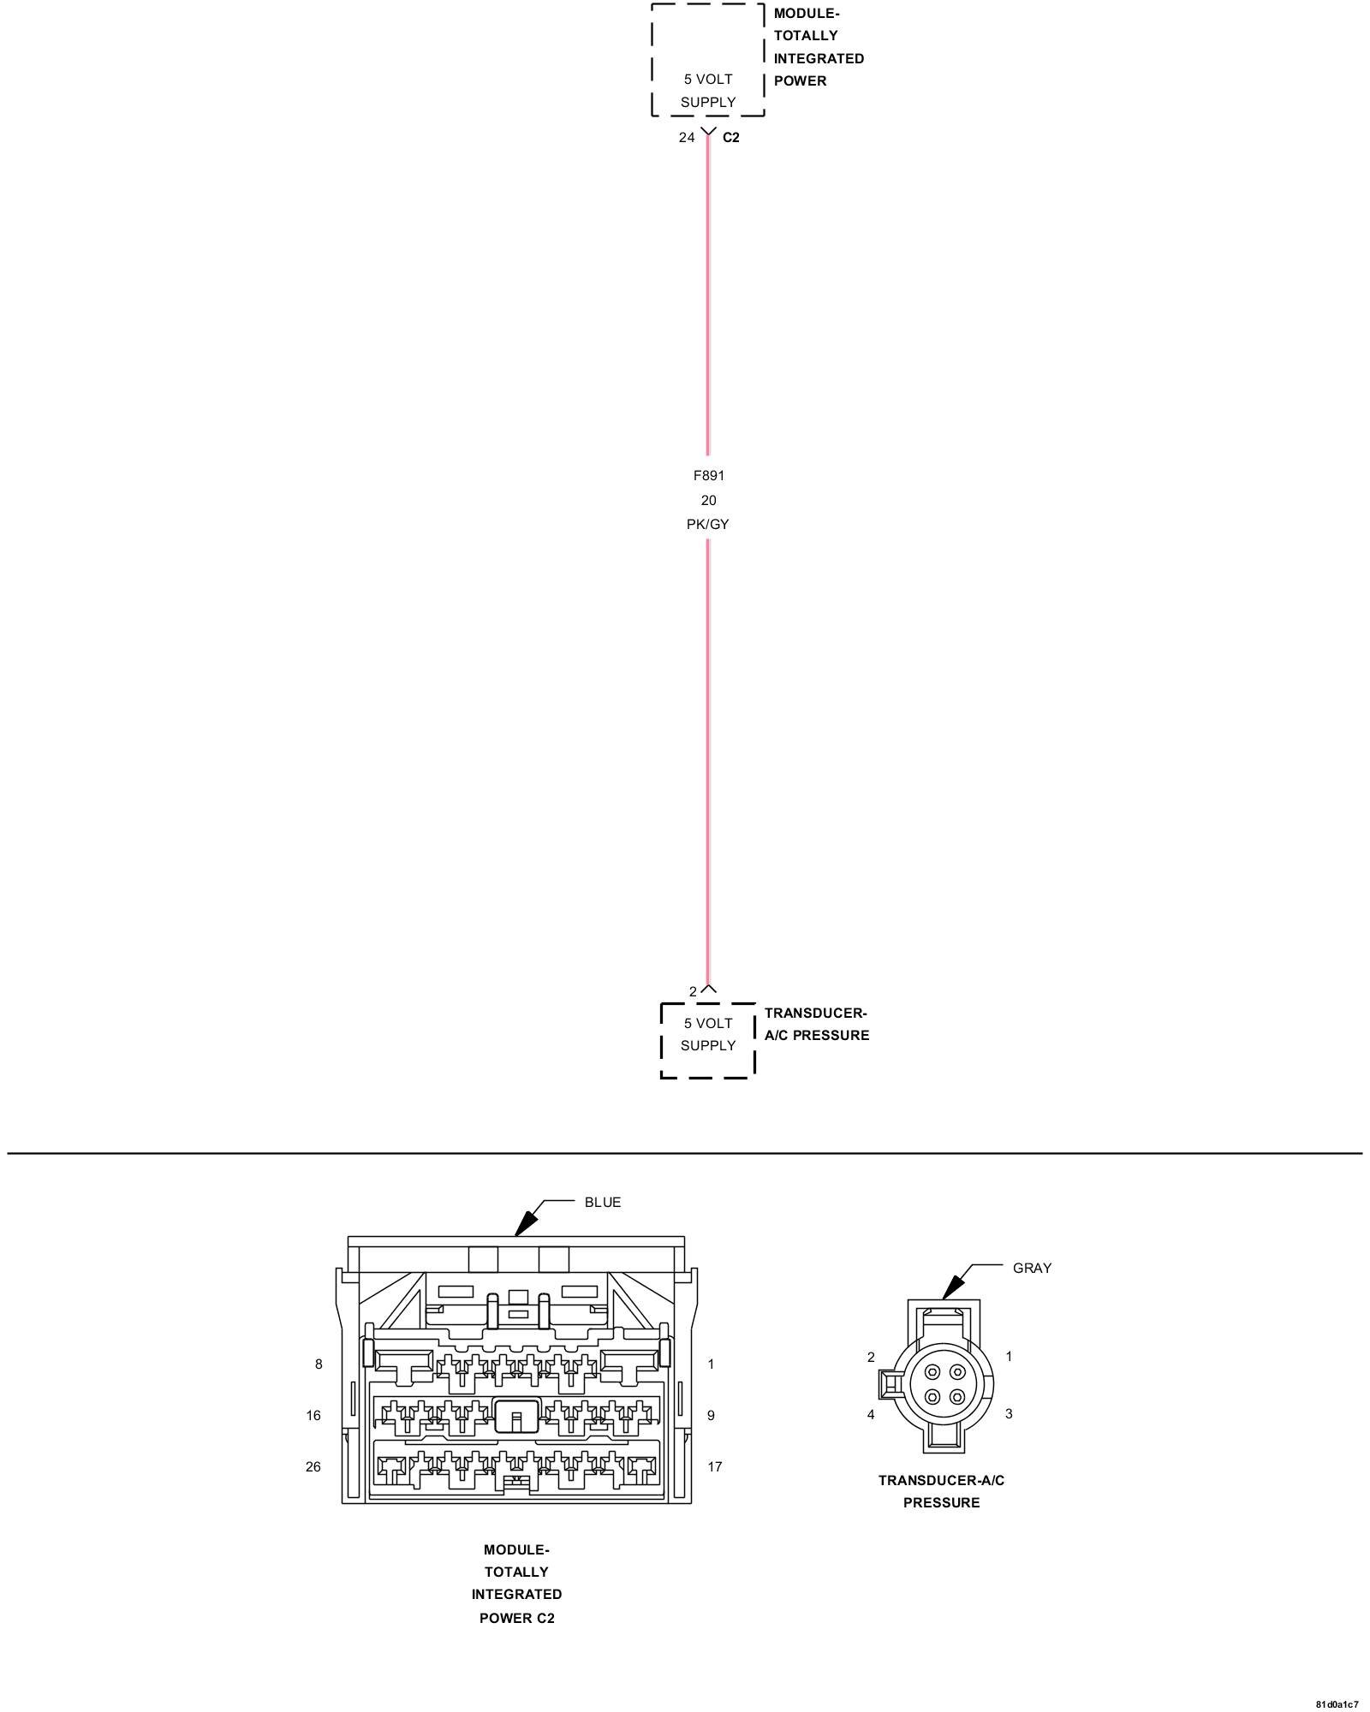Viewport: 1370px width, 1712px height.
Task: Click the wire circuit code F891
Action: pos(708,475)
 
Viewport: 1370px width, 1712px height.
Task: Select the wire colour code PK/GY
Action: pos(707,524)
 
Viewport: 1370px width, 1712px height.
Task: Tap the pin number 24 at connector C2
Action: pos(687,137)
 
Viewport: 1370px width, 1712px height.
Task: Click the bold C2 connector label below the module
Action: pos(730,137)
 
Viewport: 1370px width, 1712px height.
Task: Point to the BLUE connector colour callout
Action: pos(603,1202)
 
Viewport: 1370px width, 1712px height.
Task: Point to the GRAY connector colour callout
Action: pos(1032,1268)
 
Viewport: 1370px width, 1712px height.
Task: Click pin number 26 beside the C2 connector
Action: pos(313,1466)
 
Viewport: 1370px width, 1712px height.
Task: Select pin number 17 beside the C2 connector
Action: pos(715,1466)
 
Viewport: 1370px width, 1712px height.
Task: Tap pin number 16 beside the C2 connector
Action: pos(313,1415)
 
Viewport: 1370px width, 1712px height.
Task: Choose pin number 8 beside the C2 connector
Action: pos(319,1364)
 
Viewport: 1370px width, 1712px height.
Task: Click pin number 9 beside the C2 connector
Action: pos(711,1415)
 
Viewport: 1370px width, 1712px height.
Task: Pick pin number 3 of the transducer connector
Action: pos(1009,1413)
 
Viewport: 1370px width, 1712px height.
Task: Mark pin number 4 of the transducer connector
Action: pos(871,1414)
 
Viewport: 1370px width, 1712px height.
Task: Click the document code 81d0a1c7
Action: pos(1337,1703)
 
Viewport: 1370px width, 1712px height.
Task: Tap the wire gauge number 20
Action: pos(708,500)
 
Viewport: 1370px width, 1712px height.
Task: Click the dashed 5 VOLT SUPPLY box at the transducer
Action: pos(707,1039)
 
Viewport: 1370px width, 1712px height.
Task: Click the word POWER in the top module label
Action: pos(800,80)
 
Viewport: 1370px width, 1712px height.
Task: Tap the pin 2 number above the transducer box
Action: pos(693,991)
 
